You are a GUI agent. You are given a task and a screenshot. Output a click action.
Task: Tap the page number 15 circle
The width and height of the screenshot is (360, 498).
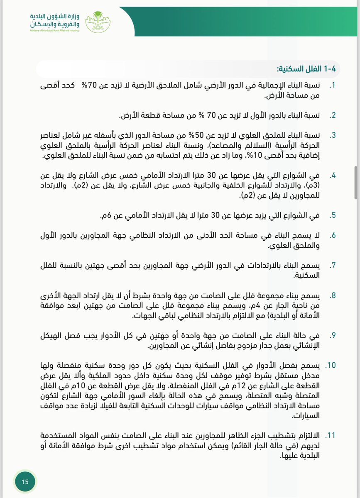tap(25, 481)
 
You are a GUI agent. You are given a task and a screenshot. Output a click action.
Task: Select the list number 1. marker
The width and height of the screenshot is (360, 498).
tap(332, 85)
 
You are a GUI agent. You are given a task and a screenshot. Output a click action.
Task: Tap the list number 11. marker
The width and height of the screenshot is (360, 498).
tap(331, 435)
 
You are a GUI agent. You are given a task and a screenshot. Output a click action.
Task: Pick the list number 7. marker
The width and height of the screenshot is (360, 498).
tap(332, 265)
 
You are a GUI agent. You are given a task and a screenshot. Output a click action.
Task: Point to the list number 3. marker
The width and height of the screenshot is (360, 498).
tap(332, 136)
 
